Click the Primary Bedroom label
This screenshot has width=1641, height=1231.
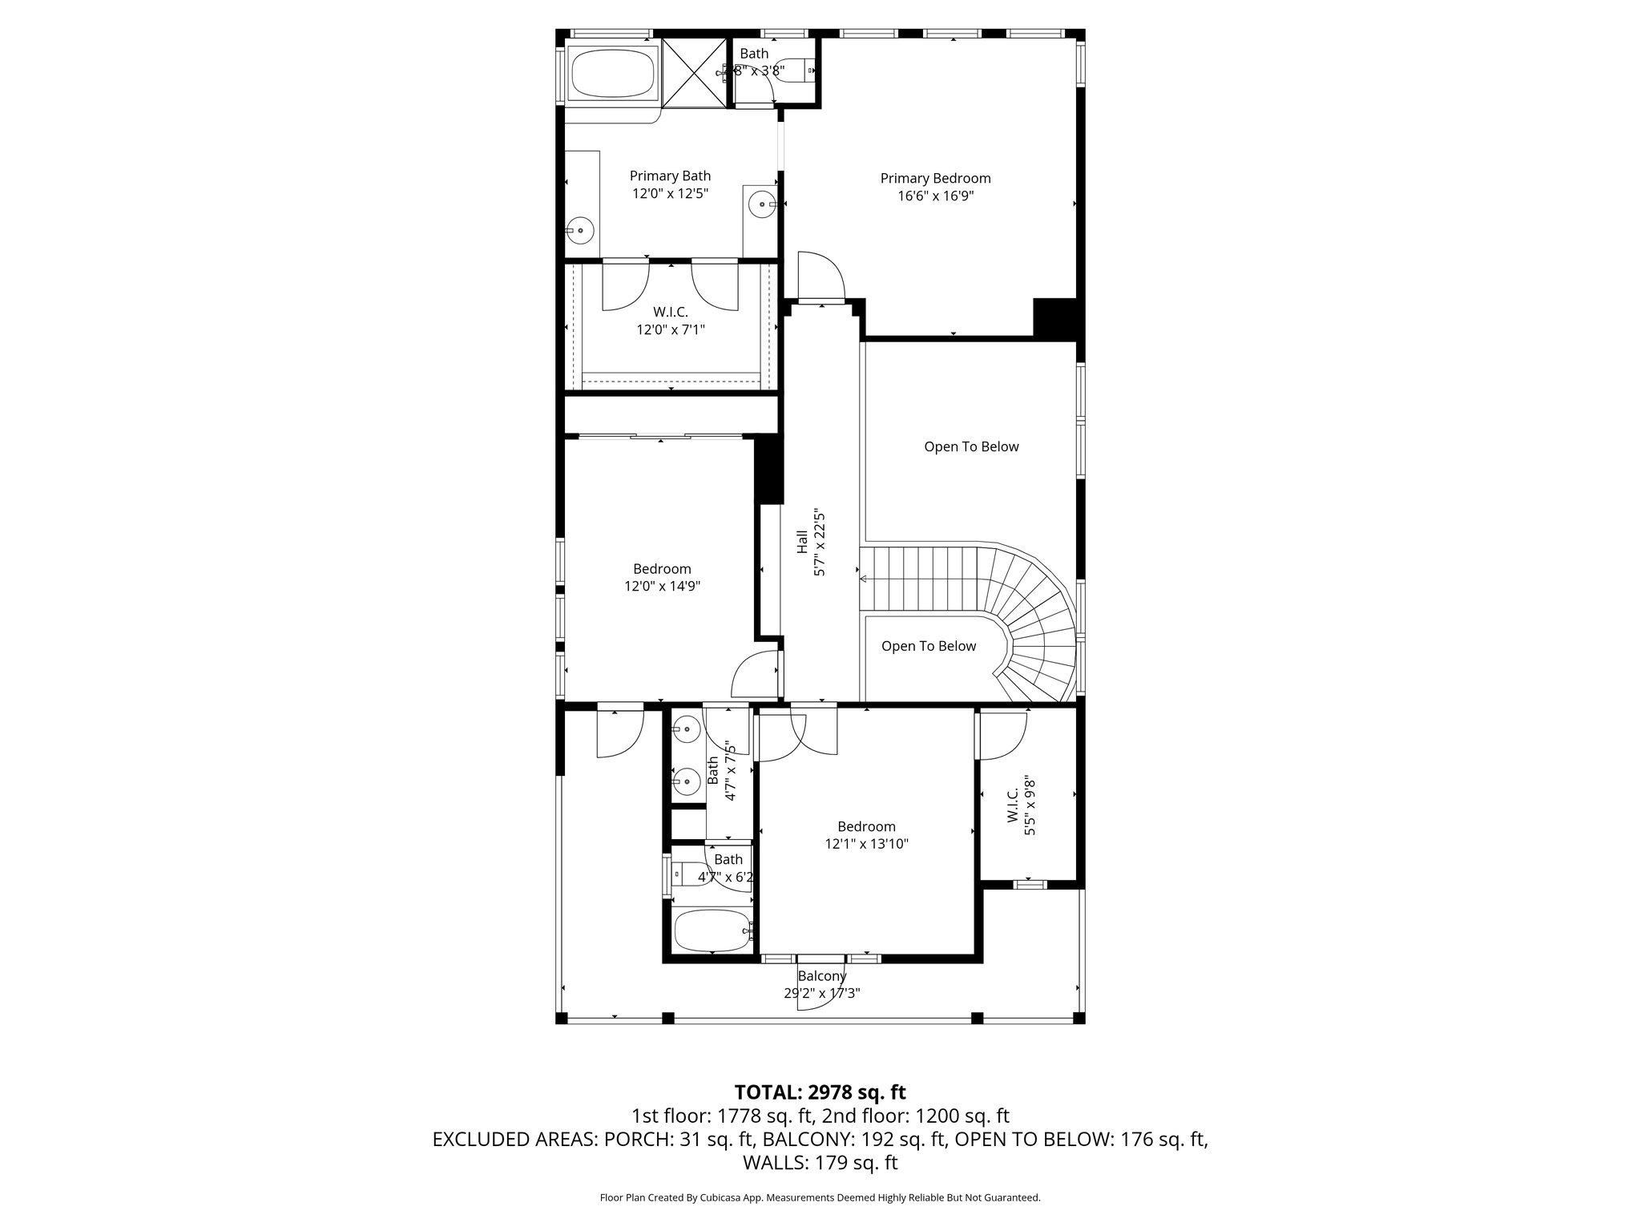pos(935,179)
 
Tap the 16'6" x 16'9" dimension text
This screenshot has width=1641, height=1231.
pos(935,196)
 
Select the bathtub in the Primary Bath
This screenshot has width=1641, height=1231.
pos(612,73)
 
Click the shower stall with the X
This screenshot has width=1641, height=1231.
pos(694,72)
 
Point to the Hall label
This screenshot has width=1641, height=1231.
pos(802,542)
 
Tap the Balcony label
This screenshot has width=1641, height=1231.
pos(821,976)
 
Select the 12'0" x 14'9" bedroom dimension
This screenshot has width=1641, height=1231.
pos(662,587)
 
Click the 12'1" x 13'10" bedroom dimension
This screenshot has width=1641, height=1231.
pos(866,844)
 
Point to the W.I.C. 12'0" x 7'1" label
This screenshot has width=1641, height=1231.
pos(670,321)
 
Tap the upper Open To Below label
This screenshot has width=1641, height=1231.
pos(971,447)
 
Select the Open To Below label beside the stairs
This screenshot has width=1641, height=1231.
pos(929,647)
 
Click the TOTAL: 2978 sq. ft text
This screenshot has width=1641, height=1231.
pos(820,1092)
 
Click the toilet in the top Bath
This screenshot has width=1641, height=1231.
pos(794,71)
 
